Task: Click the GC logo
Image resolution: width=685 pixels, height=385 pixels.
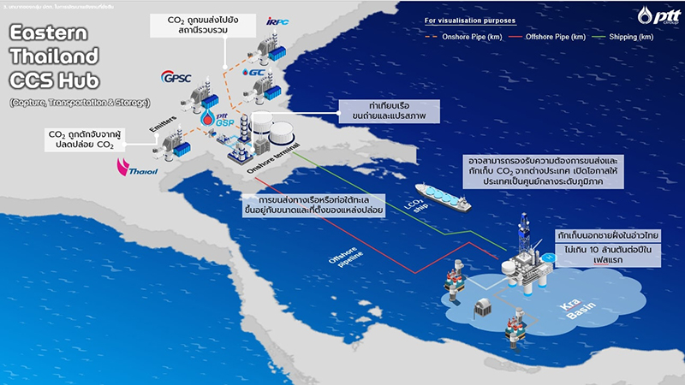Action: [253, 72]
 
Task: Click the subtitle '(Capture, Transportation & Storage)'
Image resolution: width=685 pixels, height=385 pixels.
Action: [78, 103]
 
